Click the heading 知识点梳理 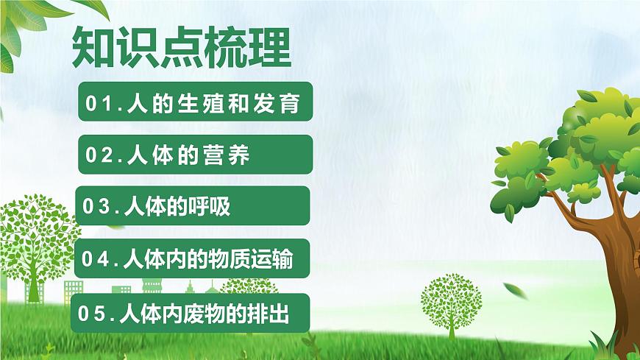[181, 49]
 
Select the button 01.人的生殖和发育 [195, 103]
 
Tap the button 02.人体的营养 [195, 155]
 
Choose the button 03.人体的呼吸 [192, 205]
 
